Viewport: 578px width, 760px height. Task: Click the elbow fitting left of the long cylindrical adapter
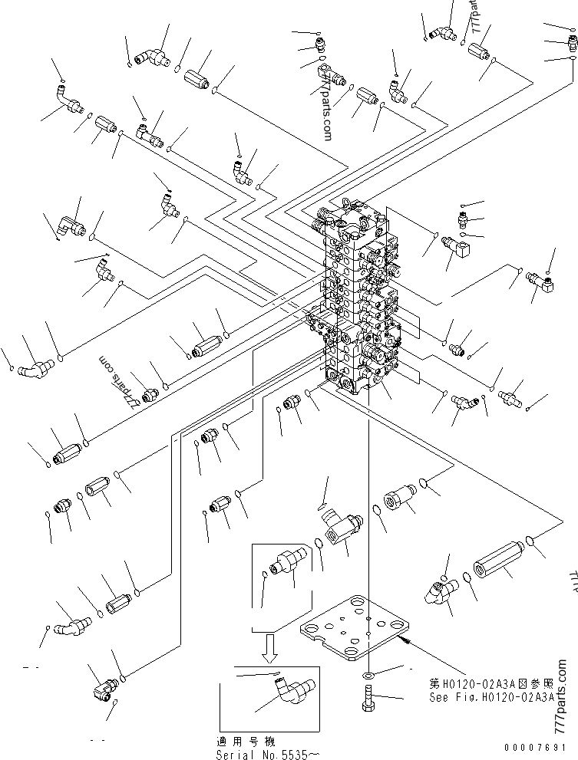tap(438, 590)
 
